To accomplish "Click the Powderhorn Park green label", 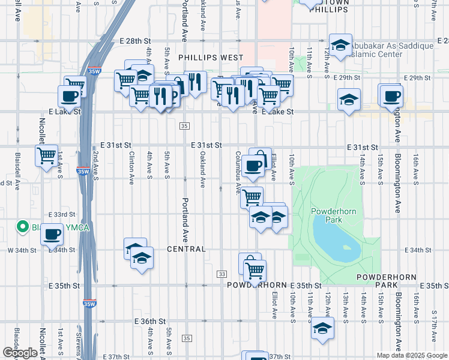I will pos(326,215).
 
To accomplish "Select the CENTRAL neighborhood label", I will pos(186,249).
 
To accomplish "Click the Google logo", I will pos(19,352).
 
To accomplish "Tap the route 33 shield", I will pos(222,274).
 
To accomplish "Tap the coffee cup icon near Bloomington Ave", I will pos(392,95).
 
